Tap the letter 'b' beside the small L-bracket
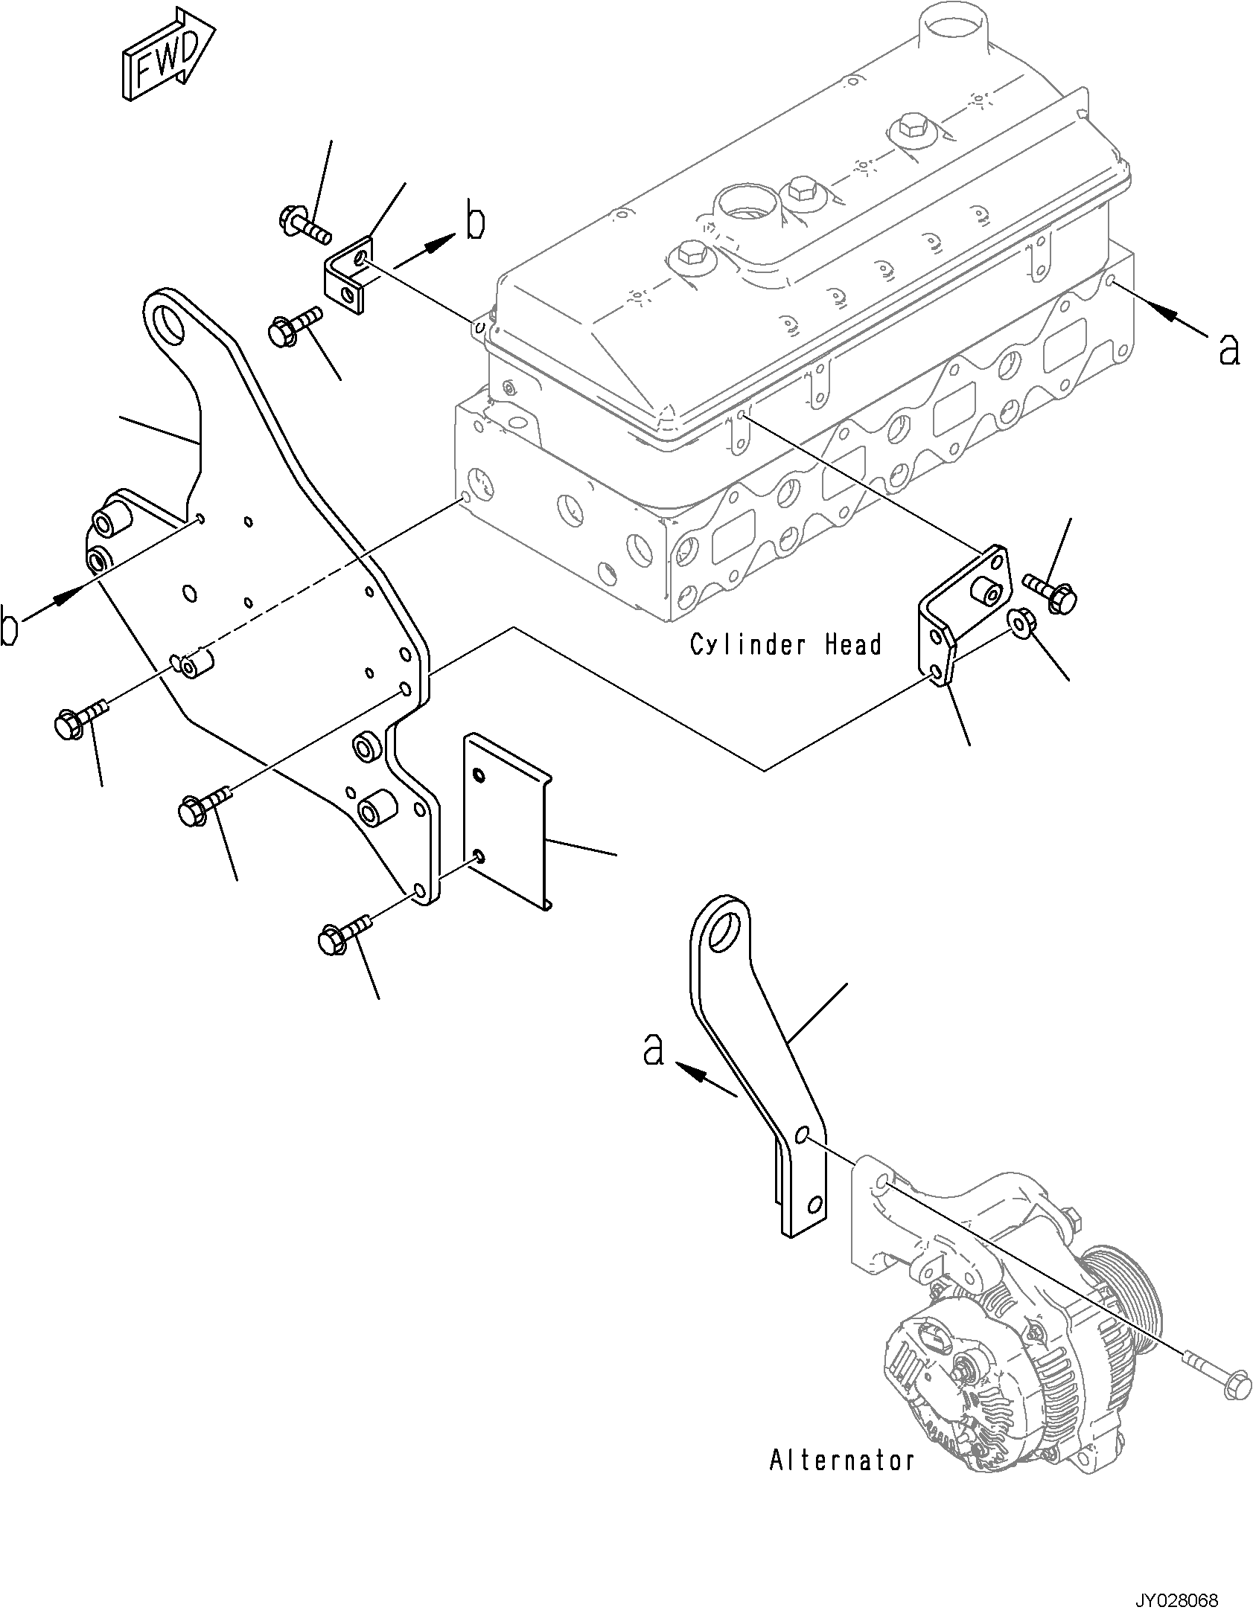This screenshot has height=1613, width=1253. coord(474,222)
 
